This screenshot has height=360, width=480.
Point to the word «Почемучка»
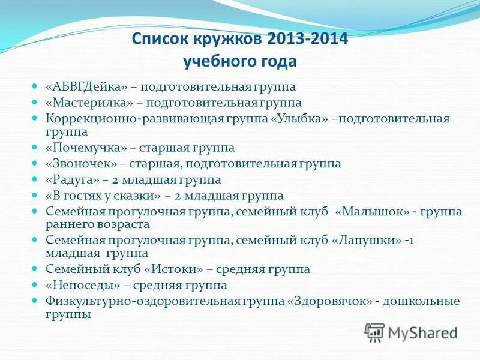[86, 148]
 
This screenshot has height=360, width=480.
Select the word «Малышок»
[376, 211]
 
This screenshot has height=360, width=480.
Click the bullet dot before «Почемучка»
[35, 147]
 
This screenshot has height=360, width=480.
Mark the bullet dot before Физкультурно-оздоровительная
[35, 300]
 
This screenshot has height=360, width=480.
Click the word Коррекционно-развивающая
[112, 118]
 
